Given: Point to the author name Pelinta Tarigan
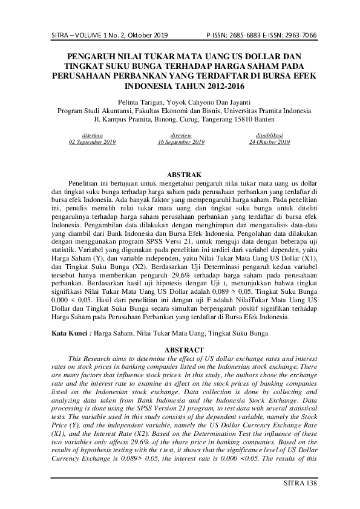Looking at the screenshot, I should pos(134,102).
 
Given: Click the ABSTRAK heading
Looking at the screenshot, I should pos(180,174).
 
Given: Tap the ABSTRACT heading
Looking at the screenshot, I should pos(180,349).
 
